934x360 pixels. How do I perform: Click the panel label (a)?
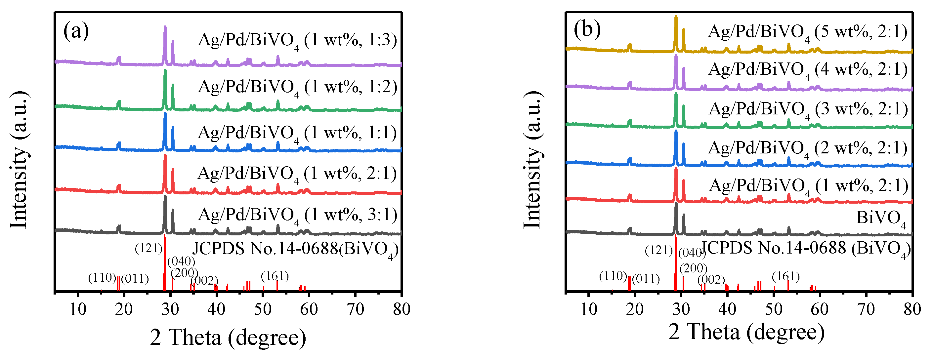pyautogui.click(x=76, y=31)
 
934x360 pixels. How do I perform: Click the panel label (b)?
pyautogui.click(x=587, y=29)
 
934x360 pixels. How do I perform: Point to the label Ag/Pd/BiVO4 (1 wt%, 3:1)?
pyautogui.click(x=297, y=215)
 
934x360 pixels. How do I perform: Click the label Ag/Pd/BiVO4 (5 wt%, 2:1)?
pyautogui.click(x=808, y=33)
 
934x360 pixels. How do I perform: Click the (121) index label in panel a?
pyautogui.click(x=148, y=248)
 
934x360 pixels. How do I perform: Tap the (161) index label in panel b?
pyautogui.click(x=785, y=276)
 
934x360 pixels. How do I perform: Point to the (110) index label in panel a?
pyautogui.click(x=102, y=278)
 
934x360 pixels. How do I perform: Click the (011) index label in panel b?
pyautogui.click(x=646, y=279)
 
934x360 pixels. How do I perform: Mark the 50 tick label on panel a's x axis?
pyautogui.click(x=263, y=309)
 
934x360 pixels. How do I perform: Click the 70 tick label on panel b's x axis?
pyautogui.click(x=866, y=309)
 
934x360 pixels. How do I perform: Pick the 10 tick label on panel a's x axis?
pyautogui.click(x=78, y=309)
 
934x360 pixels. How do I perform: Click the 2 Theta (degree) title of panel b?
pyautogui.click(x=746, y=332)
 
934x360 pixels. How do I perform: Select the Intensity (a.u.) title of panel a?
pyautogui.click(x=19, y=160)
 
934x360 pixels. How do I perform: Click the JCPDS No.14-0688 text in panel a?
pyautogui.click(x=265, y=249)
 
